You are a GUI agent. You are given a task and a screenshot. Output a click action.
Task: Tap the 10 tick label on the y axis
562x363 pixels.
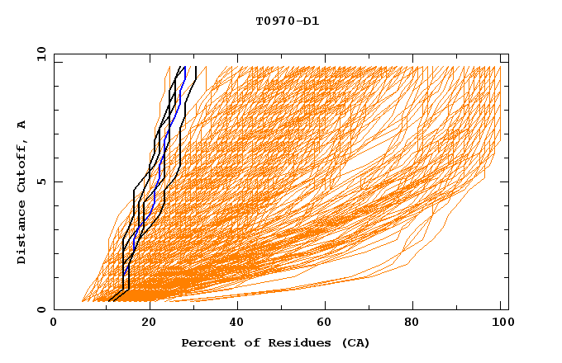pos(40,54)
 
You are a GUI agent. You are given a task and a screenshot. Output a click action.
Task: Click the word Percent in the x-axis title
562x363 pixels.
pos(206,342)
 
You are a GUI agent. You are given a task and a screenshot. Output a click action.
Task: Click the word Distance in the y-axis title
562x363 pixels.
pos(21,231)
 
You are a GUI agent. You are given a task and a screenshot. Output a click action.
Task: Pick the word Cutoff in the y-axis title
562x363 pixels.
pos(21,165)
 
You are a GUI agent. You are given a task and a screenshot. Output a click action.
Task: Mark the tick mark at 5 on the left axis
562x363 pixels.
pos(57,181)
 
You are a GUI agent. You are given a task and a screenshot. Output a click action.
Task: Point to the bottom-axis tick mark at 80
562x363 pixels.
pos(416,307)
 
